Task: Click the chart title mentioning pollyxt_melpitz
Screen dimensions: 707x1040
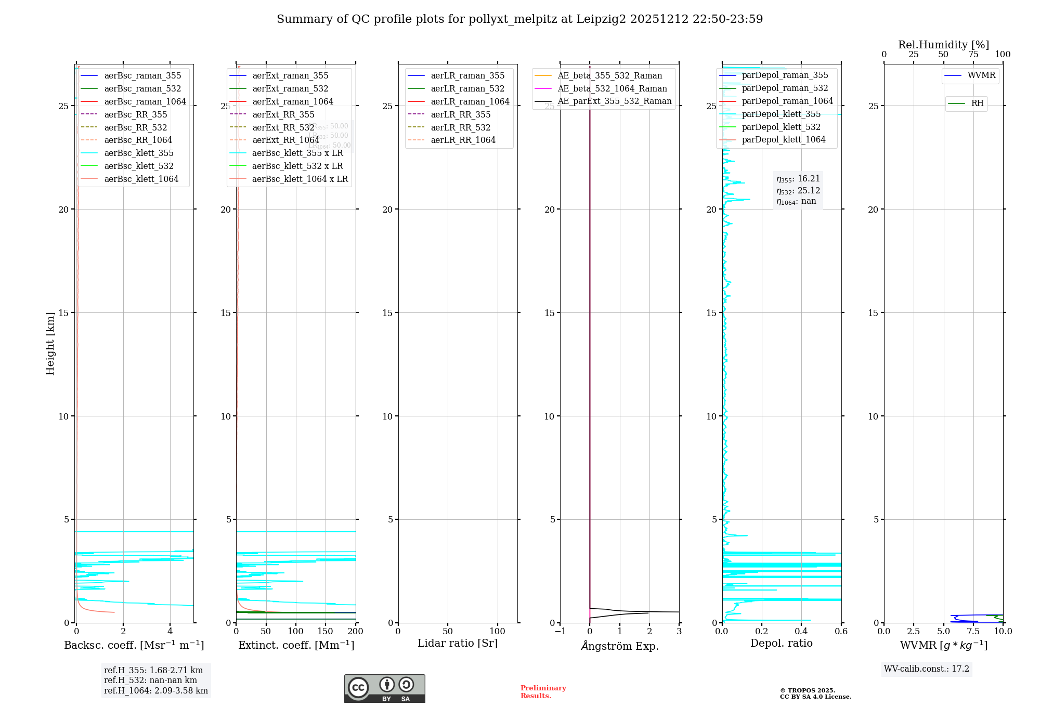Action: (519, 19)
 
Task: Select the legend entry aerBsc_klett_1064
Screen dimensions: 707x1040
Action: (141, 179)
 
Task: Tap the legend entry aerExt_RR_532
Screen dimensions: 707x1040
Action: (283, 127)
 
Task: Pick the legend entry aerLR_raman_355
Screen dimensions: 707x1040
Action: (467, 76)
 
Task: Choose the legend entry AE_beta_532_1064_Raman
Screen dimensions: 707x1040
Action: (612, 88)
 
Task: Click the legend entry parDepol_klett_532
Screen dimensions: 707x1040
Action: (781, 127)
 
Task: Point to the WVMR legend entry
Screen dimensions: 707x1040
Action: (981, 75)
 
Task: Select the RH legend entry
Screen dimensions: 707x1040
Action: (977, 103)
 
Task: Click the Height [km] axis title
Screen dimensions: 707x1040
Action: (50, 344)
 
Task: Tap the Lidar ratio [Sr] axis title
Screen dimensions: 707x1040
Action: (458, 643)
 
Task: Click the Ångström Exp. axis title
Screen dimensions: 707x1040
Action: (619, 646)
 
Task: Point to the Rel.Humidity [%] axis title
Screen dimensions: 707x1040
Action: (943, 45)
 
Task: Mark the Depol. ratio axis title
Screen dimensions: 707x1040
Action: (781, 643)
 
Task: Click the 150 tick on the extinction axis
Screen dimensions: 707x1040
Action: (326, 631)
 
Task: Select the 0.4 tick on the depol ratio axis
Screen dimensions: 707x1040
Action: (801, 631)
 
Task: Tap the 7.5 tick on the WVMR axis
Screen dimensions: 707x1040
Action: (973, 631)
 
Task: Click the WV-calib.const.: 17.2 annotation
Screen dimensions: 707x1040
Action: (926, 669)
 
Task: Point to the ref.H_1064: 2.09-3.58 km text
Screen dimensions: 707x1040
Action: (155, 690)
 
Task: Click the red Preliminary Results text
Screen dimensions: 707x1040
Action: (543, 691)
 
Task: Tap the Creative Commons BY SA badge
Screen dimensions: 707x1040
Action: (384, 688)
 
